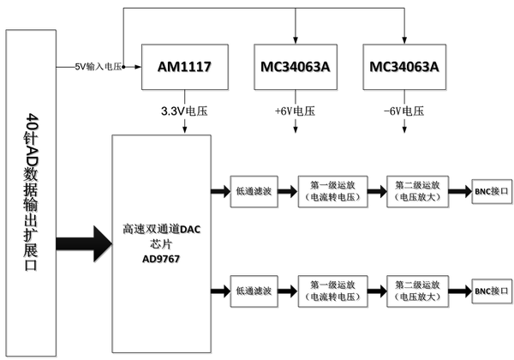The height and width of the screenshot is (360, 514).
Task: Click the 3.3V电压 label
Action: pos(185,111)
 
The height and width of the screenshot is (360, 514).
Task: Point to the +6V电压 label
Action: pos(296,111)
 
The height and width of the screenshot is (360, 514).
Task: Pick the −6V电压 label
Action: pos(403,111)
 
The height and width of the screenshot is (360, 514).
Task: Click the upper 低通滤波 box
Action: pos(251,191)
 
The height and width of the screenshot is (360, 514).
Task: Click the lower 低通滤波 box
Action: pos(251,291)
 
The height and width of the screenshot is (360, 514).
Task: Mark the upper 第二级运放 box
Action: pos(417,191)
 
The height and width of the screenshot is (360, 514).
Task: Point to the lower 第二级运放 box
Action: pos(417,291)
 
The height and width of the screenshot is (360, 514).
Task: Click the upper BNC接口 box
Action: pos(490,191)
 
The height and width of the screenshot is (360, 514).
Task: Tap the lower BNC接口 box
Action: pos(490,291)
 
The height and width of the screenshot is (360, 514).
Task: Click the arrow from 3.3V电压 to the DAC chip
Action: pos(185,126)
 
